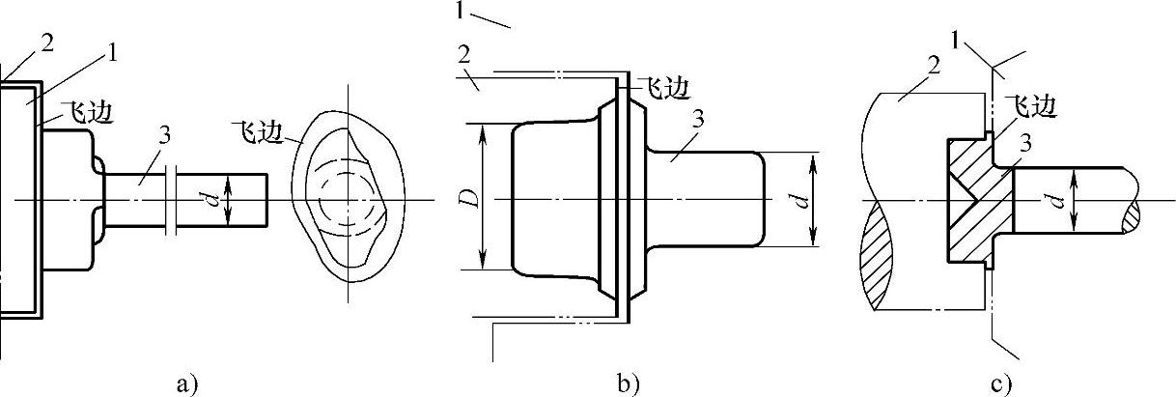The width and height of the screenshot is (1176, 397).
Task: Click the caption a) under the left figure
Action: [186, 383]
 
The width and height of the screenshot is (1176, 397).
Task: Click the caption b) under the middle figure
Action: [629, 383]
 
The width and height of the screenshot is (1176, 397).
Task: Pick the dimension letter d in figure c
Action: [1056, 199]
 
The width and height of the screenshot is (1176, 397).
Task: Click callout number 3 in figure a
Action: [164, 136]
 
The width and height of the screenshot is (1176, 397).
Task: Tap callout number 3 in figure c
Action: [1026, 142]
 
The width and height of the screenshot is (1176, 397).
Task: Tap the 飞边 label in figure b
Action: [666, 89]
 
